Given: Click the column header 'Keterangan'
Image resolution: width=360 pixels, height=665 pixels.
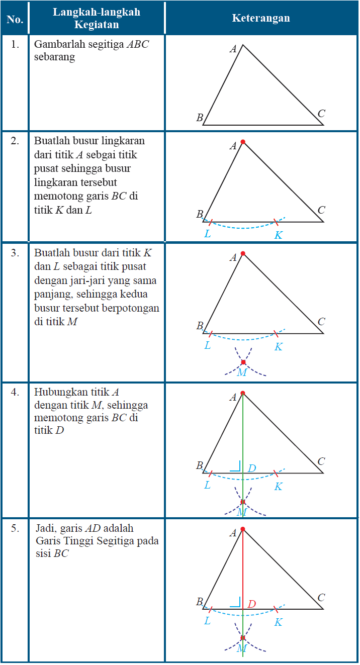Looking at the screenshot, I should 260,18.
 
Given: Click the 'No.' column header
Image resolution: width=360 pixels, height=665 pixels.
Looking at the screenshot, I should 15,19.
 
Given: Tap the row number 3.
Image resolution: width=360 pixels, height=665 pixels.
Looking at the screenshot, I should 15,253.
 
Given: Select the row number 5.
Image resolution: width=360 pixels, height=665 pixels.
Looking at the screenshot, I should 15,528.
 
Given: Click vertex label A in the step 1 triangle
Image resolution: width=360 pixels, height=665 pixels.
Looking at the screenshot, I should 233,49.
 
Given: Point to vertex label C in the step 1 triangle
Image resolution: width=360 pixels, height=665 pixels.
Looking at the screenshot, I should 321,114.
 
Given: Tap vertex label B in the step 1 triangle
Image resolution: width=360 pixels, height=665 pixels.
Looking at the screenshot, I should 200,118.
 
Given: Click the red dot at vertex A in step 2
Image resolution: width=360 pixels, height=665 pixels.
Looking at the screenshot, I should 243,142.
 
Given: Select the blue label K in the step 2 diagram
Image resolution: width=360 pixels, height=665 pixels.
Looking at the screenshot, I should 278,235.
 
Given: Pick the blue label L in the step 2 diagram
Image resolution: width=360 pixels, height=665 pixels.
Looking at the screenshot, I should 207,234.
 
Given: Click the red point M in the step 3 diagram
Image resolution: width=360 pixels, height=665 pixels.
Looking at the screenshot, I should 243,362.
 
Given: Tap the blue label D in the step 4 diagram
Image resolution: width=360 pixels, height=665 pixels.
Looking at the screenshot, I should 252,468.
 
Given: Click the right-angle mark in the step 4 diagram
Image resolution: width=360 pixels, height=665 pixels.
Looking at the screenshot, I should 236,466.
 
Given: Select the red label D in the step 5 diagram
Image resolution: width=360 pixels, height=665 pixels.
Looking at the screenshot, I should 252,604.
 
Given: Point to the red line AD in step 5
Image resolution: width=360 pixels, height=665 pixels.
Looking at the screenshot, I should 243,568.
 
